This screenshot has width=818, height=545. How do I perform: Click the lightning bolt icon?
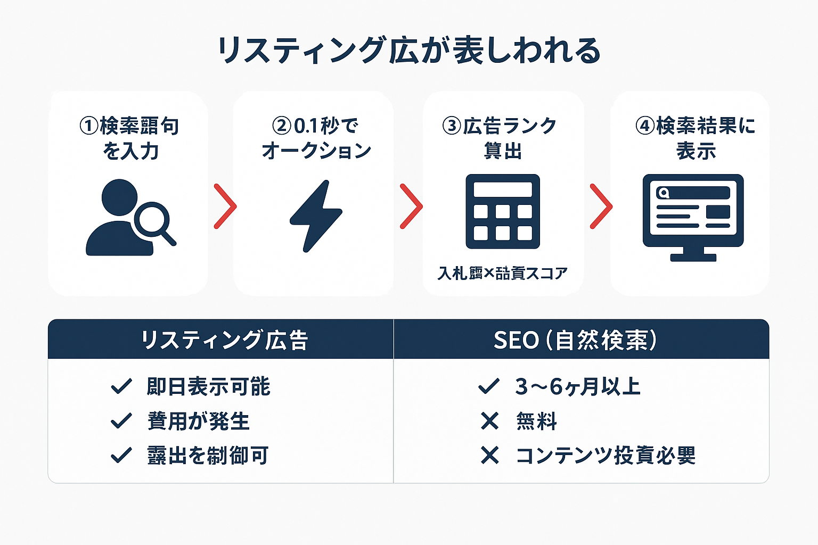click(x=316, y=216)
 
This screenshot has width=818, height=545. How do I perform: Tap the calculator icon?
click(x=503, y=211)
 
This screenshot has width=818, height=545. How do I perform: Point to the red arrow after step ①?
click(x=225, y=207)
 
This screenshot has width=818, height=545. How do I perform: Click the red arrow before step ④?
click(x=601, y=207)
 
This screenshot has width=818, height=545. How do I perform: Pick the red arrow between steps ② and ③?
click(x=411, y=207)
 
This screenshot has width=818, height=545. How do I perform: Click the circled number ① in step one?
click(x=89, y=126)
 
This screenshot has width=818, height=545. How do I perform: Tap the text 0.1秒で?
click(x=325, y=126)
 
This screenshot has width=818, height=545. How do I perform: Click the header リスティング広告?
click(x=224, y=340)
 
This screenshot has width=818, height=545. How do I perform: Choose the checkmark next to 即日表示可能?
click(x=121, y=386)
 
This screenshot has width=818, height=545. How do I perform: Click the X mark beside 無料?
click(x=489, y=421)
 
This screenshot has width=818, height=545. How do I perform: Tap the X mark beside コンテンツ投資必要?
click(x=489, y=456)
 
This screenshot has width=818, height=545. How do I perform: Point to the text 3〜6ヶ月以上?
click(x=577, y=386)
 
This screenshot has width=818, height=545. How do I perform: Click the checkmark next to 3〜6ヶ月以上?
click(x=489, y=386)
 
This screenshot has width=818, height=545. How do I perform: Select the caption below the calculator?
click(x=502, y=274)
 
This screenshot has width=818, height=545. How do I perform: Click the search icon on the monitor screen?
click(x=663, y=193)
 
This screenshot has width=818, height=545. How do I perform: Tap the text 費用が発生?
click(x=198, y=421)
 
